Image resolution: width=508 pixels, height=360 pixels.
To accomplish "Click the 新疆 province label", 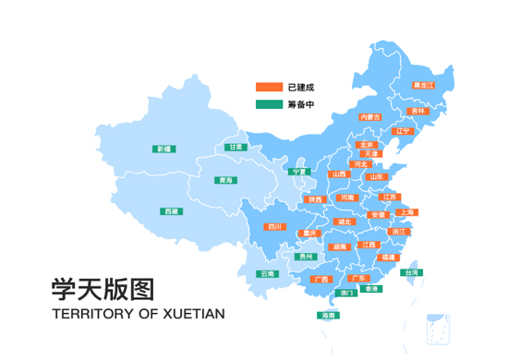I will pyautogui.click(x=164, y=149).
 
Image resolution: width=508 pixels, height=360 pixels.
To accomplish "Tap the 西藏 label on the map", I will pyautogui.click(x=172, y=211).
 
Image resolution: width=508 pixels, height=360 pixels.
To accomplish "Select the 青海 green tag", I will pyautogui.click(x=224, y=180).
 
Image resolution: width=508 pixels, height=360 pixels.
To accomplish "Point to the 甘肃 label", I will pyautogui.click(x=236, y=147).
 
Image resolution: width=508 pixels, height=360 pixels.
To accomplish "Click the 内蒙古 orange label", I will pyautogui.click(x=369, y=117).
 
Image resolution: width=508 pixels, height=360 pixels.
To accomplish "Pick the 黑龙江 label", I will pyautogui.click(x=423, y=85).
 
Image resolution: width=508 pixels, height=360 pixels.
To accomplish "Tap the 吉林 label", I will pyautogui.click(x=418, y=111).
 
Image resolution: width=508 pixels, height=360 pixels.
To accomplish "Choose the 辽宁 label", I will pyautogui.click(x=402, y=131).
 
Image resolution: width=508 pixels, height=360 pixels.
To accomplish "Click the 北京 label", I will pyautogui.click(x=367, y=145).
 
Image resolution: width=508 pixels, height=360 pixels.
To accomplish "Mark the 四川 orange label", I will pyautogui.click(x=273, y=226).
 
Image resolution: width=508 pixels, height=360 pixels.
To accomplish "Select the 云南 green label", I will pyautogui.click(x=267, y=273).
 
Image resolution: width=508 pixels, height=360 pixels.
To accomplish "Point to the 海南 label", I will pyautogui.click(x=328, y=315).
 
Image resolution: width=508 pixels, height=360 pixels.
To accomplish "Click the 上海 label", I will pyautogui.click(x=406, y=212).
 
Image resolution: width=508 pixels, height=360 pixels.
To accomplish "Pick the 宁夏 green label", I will pyautogui.click(x=298, y=172).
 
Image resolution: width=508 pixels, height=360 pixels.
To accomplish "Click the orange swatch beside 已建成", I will pyautogui.click(x=269, y=88).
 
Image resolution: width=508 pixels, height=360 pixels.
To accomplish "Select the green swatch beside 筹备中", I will pyautogui.click(x=269, y=104).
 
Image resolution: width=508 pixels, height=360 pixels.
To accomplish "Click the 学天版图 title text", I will pyautogui.click(x=103, y=290).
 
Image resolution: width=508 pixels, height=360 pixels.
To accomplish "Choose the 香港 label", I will pyautogui.click(x=370, y=289).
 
